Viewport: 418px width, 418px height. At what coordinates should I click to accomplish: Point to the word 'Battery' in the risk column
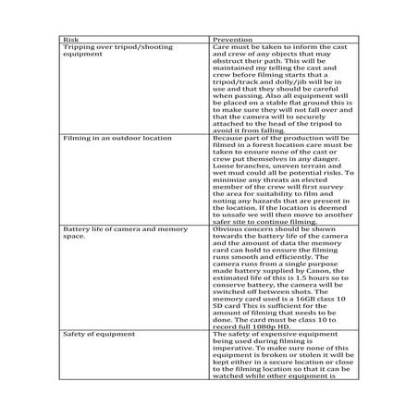point(74,227)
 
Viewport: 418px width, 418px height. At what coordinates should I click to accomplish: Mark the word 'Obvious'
point(228,227)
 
